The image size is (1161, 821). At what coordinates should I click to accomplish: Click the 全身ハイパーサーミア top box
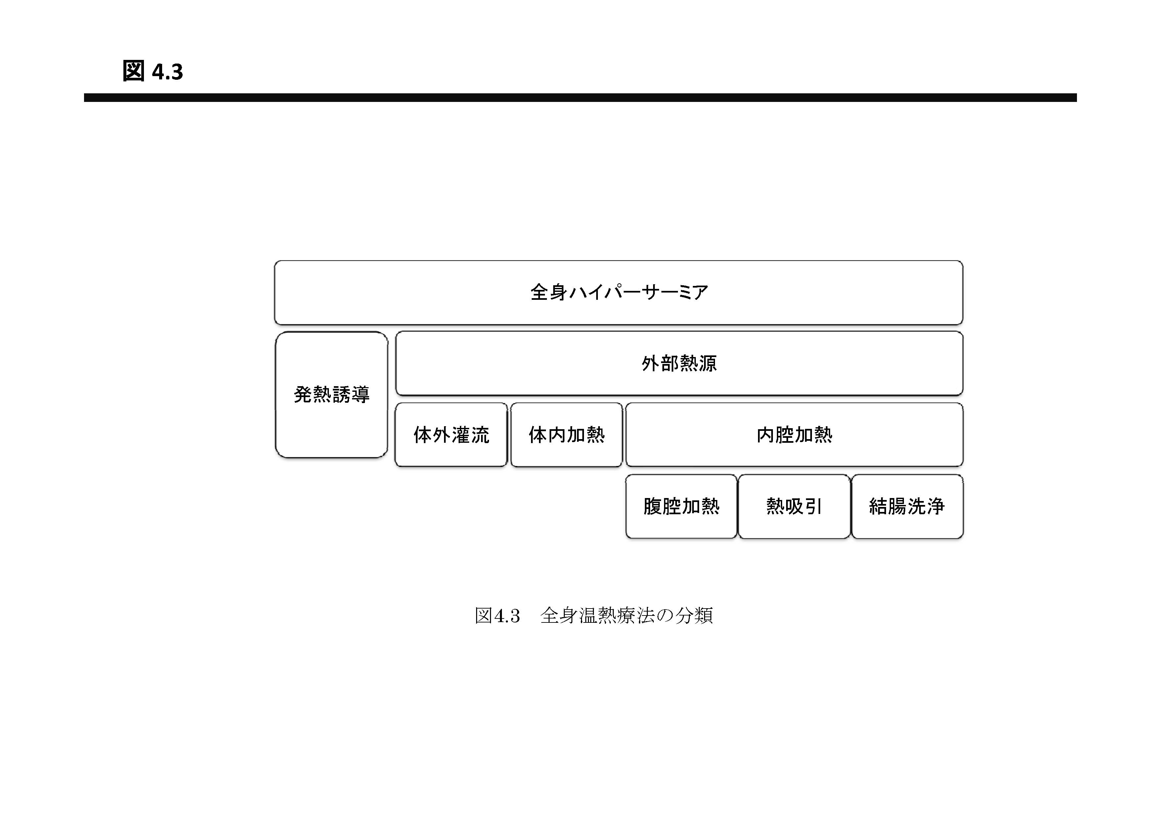618,293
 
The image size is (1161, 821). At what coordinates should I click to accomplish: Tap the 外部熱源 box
679,363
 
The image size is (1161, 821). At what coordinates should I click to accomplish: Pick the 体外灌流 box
451,434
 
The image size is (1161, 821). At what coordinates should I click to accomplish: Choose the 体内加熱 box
566,434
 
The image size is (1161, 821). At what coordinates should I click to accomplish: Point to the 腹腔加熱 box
681,506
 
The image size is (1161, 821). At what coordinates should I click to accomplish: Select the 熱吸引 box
794,506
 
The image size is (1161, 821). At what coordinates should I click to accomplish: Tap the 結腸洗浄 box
907,506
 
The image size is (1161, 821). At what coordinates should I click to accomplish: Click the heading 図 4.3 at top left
153,71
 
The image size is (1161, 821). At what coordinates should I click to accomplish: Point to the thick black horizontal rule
580,98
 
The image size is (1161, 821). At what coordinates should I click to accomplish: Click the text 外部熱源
679,363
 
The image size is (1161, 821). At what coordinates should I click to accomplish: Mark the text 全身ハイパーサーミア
619,293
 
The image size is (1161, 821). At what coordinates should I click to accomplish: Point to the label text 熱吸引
794,506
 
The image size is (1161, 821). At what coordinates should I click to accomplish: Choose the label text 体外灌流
451,434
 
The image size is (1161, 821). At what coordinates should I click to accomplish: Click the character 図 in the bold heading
133,71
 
